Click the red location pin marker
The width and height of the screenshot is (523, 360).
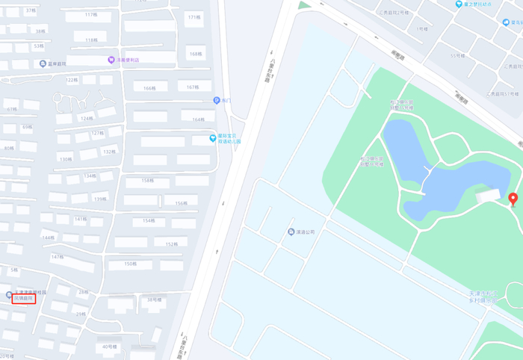click(513, 199)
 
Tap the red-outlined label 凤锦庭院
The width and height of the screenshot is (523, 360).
click(23, 299)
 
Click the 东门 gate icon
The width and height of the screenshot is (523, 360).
click(217, 100)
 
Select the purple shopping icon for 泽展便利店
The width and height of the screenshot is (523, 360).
click(111, 60)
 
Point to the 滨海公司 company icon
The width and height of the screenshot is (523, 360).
click(291, 232)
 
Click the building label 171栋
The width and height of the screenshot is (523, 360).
click(194, 17)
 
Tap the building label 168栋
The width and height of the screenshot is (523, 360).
click(196, 54)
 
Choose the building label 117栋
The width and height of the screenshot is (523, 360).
click(91, 15)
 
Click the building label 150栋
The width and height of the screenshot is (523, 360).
click(131, 264)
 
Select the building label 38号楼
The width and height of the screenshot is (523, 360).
click(153, 300)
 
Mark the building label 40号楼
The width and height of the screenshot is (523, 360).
click(110, 347)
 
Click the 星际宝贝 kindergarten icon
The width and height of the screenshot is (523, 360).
click(213, 138)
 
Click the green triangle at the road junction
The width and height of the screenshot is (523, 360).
click(303, 5)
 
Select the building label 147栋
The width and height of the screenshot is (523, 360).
click(57, 257)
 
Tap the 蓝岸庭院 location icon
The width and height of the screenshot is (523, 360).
click(43, 64)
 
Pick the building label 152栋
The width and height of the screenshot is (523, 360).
click(171, 244)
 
